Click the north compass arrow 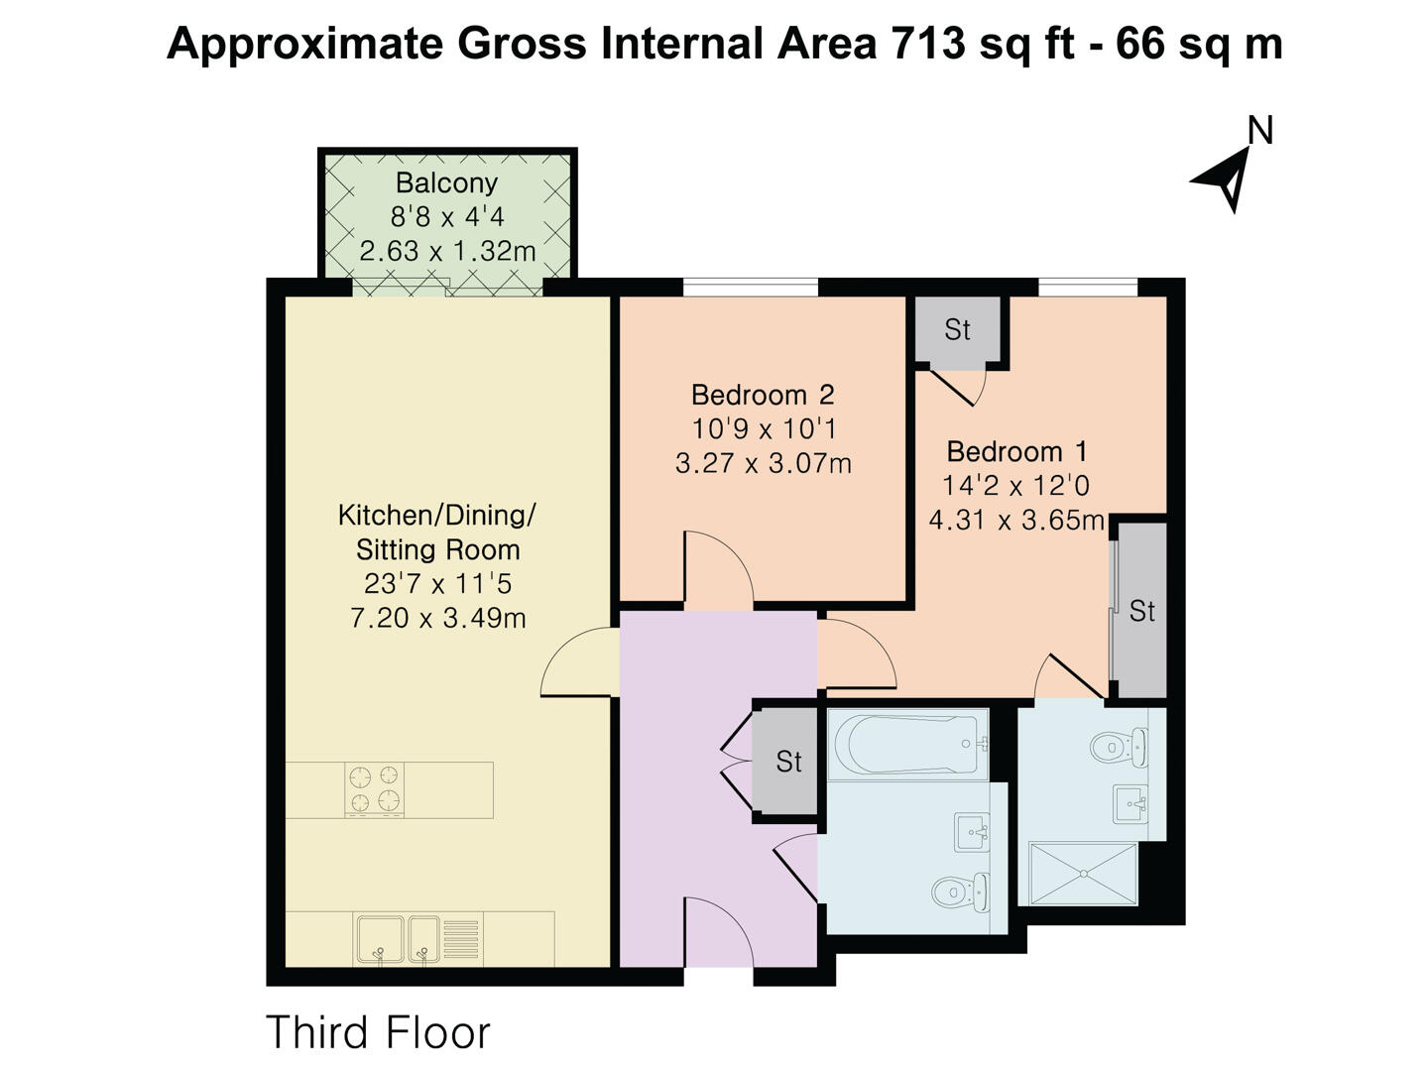click(1228, 179)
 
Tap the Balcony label click(446, 183)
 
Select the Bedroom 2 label click(763, 395)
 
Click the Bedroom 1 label click(1016, 451)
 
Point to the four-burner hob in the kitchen click(375, 789)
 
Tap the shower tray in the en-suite click(1083, 873)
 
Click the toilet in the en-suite click(1119, 746)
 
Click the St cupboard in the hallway click(787, 762)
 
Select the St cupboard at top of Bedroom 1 click(957, 330)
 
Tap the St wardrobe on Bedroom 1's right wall click(1141, 610)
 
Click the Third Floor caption click(378, 1032)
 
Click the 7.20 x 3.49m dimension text click(437, 618)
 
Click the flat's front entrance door click(718, 932)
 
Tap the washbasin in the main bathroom click(971, 831)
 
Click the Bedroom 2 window click(751, 288)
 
